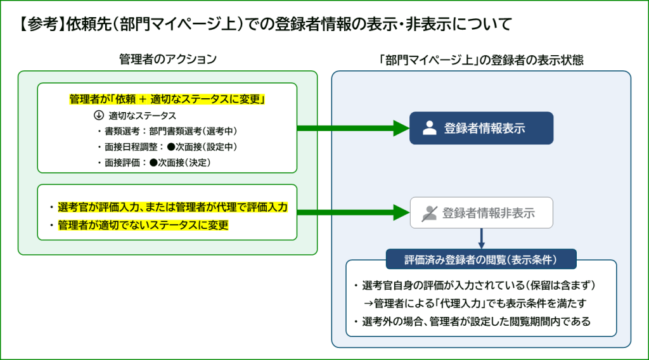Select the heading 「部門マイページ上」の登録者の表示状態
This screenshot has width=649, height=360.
tap(481, 60)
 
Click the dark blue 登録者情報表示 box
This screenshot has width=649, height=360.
tap(482, 128)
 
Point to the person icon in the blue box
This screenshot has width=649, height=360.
tap(430, 128)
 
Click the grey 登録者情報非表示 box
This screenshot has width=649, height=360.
tap(482, 213)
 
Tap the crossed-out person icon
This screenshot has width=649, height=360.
tap(430, 213)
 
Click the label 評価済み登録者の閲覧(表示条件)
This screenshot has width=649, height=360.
tap(481, 259)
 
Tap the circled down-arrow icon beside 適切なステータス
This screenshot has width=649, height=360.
tap(98, 116)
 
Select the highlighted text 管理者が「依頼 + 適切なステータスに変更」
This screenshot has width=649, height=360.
tap(167, 100)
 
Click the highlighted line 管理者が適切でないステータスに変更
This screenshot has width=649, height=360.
tap(143, 225)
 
